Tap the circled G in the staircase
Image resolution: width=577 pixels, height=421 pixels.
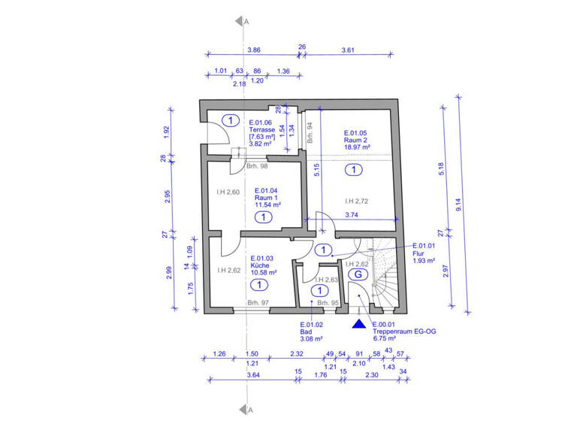click(358, 274)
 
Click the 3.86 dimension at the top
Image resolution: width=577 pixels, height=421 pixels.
click(254, 50)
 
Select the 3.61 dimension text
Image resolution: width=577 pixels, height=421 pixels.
click(348, 50)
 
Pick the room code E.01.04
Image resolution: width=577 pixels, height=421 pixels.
click(267, 191)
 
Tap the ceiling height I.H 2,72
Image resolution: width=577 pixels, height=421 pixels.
click(356, 201)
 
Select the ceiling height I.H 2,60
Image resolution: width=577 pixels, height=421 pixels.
click(228, 192)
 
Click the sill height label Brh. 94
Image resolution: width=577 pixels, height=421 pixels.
click(310, 132)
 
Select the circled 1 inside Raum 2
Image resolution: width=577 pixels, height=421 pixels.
click(352, 171)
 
